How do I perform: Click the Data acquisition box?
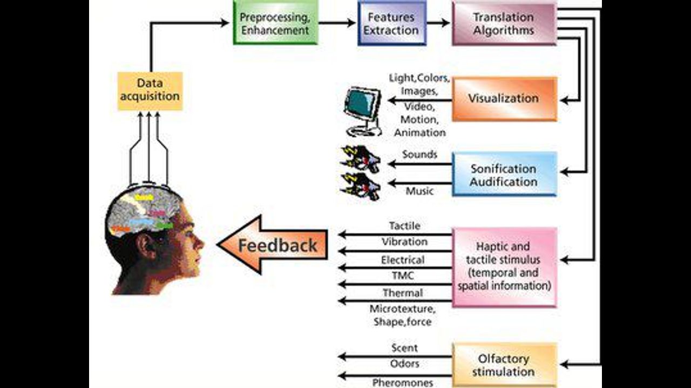[x=150, y=91]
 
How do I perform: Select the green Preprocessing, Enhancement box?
[x=275, y=23]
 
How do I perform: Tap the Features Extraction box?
[x=391, y=23]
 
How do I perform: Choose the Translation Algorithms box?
[x=504, y=23]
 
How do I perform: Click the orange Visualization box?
[x=504, y=99]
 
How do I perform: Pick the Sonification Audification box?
[x=504, y=174]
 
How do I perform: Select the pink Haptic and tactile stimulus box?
[x=504, y=267]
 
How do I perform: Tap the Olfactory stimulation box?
[x=504, y=365]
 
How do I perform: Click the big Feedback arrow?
[x=273, y=245]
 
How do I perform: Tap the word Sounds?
[x=419, y=154]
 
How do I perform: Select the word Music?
[x=419, y=191]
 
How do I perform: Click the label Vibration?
[x=404, y=242]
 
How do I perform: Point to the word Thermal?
[x=403, y=293]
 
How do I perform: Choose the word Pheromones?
[x=403, y=383]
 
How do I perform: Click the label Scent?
[x=404, y=348]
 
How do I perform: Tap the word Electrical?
[x=403, y=260]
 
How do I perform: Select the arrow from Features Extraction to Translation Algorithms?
[x=438, y=23]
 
